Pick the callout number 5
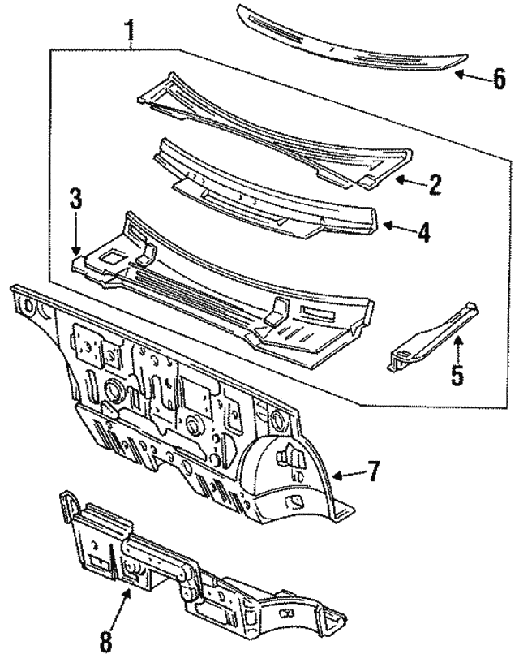tap(457, 376)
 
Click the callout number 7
tap(372, 472)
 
